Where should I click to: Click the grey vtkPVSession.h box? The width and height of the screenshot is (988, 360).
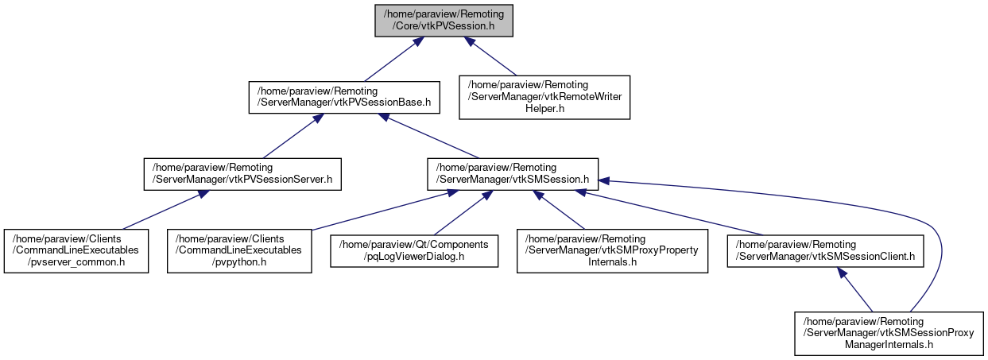click(444, 19)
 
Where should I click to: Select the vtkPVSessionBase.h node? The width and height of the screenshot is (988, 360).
click(343, 96)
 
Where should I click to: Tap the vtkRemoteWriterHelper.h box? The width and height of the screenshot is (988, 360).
click(544, 96)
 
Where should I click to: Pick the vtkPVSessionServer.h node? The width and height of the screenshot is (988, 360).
click(242, 174)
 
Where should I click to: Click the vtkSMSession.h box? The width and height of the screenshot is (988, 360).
click(513, 174)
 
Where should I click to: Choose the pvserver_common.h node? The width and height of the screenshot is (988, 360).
click(76, 251)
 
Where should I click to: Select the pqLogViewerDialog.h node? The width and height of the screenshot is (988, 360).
click(415, 251)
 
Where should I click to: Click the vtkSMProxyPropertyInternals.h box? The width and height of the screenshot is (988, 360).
click(612, 251)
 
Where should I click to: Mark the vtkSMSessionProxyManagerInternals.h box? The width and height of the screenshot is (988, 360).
click(889, 329)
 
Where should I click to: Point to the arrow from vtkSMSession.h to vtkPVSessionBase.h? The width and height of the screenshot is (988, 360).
click(429, 135)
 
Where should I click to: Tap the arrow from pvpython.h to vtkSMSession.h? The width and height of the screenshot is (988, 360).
click(374, 212)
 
